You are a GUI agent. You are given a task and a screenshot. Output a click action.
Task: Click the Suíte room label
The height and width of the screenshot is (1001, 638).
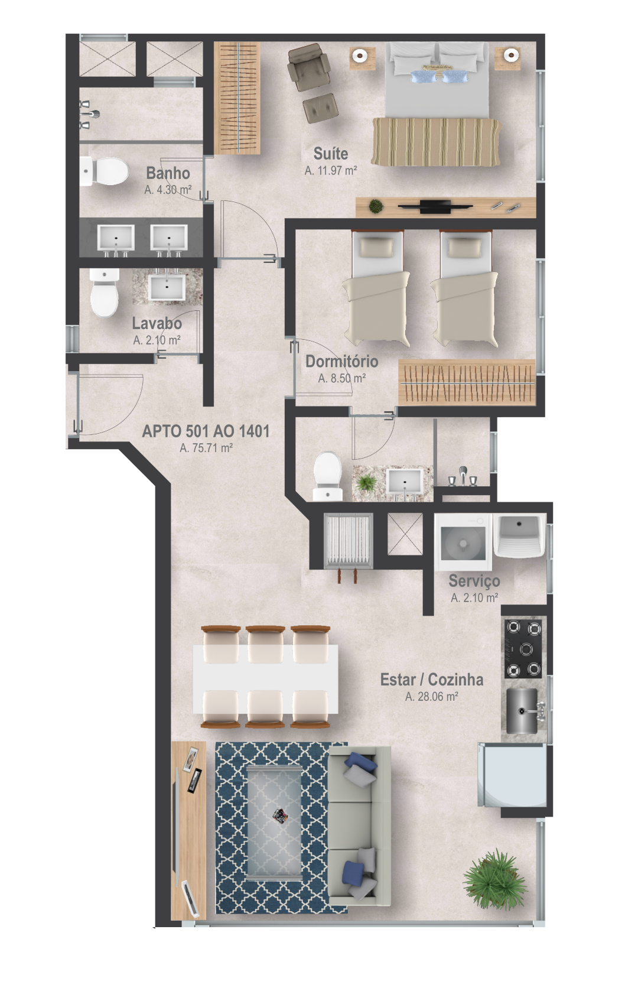click(331, 154)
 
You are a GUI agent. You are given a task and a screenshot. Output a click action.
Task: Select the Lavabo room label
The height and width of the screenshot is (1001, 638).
click(157, 323)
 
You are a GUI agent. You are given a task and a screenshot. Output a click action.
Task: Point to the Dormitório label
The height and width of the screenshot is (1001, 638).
click(342, 361)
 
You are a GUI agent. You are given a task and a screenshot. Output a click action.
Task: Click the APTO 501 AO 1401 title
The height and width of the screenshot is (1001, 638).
click(206, 431)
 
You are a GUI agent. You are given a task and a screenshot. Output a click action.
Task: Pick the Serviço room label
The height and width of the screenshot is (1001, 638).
click(474, 581)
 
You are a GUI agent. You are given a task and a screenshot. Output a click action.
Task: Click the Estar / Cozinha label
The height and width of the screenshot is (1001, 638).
click(432, 680)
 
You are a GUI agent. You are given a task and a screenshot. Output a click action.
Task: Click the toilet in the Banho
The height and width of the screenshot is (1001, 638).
click(105, 171)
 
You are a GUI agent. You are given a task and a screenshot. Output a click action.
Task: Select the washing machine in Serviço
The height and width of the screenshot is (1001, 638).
click(463, 542)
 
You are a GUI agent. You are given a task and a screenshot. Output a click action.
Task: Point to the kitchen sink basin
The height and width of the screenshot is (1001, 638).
click(522, 710)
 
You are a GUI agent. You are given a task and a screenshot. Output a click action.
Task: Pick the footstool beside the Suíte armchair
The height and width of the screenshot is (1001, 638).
click(320, 108)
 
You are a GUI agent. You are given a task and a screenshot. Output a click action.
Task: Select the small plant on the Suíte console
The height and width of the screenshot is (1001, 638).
click(376, 206)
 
